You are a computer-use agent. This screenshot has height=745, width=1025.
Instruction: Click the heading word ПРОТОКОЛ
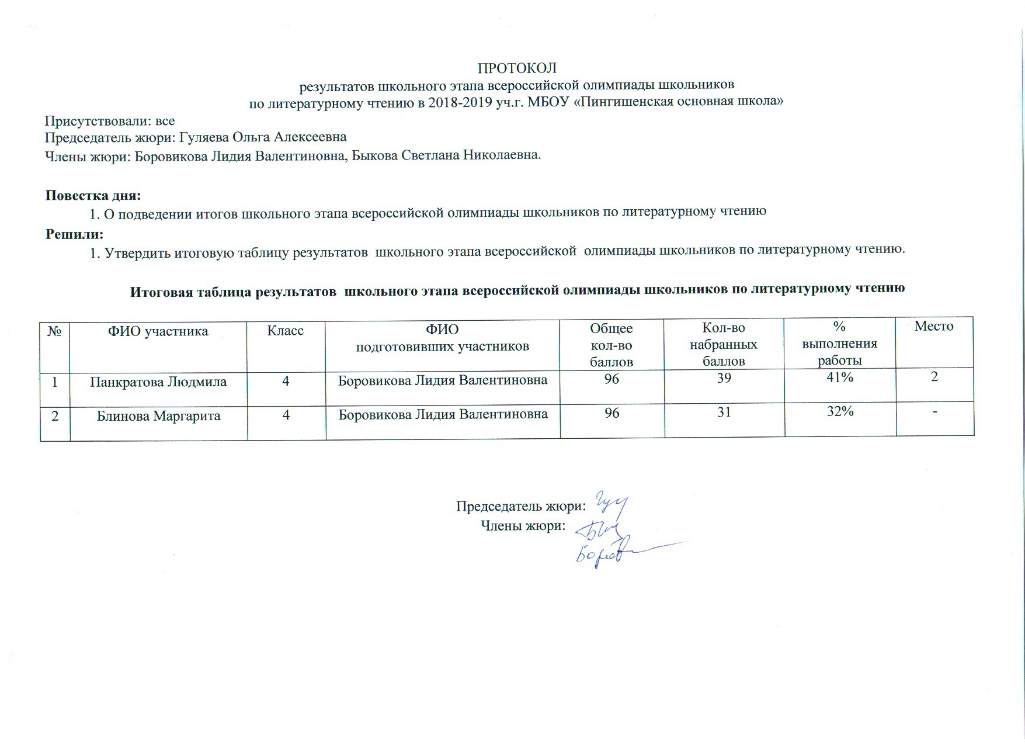coord(517,68)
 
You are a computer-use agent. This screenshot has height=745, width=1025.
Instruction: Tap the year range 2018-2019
coord(481,102)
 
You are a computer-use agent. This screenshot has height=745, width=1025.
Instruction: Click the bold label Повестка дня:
coord(93,195)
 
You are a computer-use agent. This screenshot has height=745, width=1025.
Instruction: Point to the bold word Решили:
coord(75,234)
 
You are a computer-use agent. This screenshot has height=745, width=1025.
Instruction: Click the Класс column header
coord(286,331)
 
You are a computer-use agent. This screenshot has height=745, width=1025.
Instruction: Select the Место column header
coord(933,326)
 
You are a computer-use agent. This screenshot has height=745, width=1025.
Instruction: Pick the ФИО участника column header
coord(158,331)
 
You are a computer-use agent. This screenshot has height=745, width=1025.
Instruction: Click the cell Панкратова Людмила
coord(158,382)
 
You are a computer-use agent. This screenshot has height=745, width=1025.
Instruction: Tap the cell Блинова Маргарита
coord(158,416)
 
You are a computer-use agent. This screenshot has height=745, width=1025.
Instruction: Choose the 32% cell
coord(840,411)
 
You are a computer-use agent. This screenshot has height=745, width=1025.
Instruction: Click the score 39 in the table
coord(724,378)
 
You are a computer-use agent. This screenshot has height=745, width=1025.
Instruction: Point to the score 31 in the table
coord(724,412)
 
